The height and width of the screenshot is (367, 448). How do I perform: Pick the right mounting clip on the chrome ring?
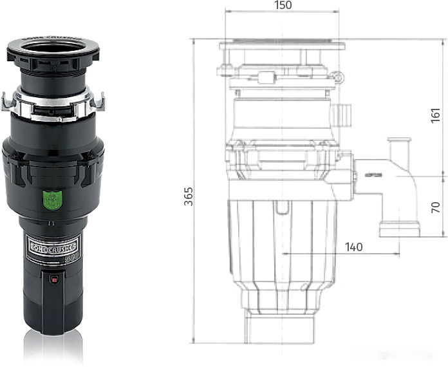pos(99,102)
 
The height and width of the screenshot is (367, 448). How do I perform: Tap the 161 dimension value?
pos(436,115)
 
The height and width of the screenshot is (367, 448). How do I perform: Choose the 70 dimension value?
pos(436,207)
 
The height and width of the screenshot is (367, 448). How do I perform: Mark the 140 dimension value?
pos(353,247)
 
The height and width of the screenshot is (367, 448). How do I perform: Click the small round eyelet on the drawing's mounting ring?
pos(338,77)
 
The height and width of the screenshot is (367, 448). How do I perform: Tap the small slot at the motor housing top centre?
pos(281,207)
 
